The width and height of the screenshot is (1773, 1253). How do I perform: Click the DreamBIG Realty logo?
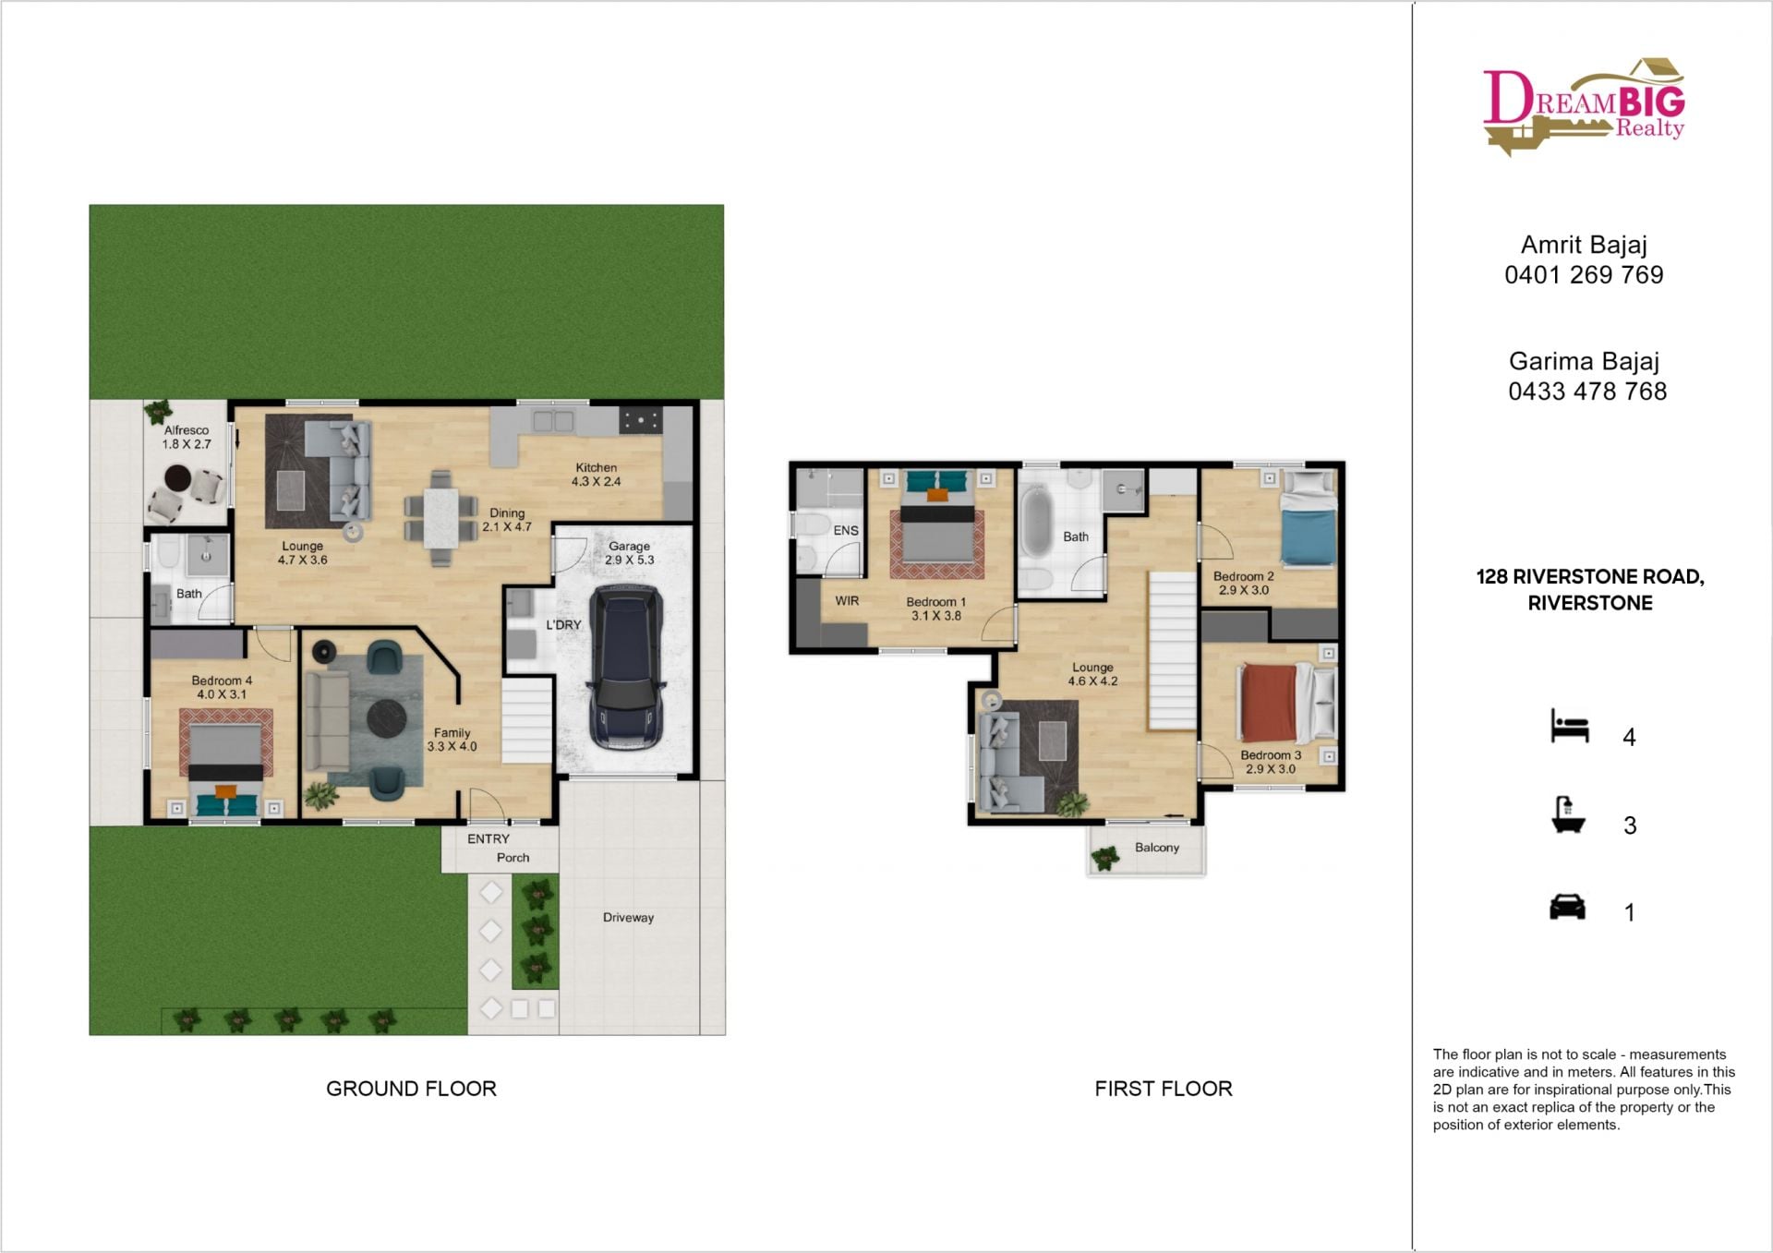(1584, 106)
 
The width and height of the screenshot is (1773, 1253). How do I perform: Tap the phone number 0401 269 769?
(1584, 275)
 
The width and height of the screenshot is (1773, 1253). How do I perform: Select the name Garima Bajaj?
(1584, 361)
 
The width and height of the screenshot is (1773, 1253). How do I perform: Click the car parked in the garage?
(626, 667)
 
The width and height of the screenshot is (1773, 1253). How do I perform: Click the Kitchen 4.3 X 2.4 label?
(596, 475)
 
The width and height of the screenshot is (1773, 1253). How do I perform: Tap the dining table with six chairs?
(441, 518)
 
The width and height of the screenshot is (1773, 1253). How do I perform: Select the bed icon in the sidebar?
(1570, 726)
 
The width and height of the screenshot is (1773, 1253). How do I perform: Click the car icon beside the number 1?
(1567, 907)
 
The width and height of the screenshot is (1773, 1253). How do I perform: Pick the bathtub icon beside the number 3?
(1568, 816)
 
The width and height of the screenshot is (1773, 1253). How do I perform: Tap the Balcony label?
(1157, 848)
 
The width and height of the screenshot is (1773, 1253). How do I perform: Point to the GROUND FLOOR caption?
(411, 1089)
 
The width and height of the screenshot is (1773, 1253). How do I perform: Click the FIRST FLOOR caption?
(1164, 1089)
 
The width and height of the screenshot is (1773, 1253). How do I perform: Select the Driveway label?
(628, 918)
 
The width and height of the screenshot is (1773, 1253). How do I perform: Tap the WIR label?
(847, 601)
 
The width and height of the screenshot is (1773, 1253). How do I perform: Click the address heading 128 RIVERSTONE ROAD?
(1590, 577)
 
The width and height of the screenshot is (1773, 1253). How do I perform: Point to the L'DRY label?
(563, 625)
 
